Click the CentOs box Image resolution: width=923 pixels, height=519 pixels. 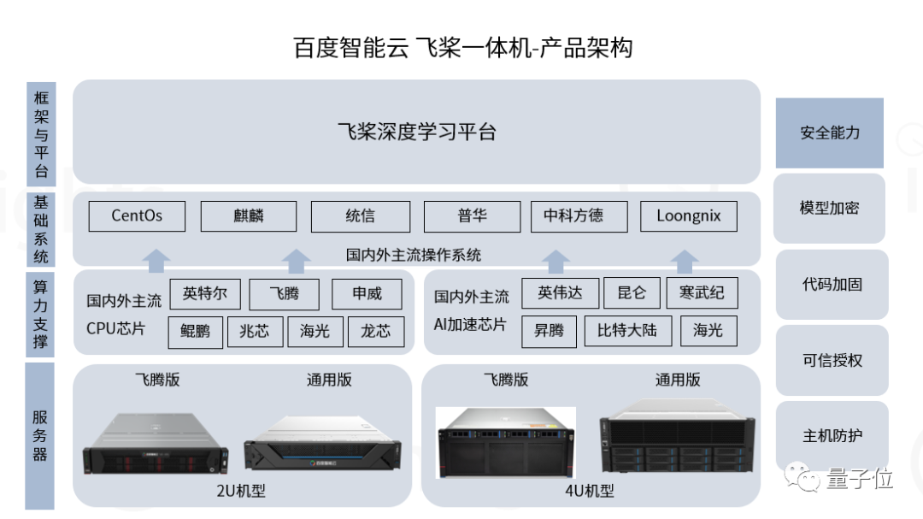(137, 215)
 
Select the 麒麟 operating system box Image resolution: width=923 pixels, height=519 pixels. (249, 215)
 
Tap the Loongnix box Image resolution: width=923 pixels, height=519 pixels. (688, 215)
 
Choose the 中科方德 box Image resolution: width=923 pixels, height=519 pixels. (579, 215)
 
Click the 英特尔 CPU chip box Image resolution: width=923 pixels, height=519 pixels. (205, 294)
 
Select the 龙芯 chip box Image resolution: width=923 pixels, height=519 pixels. (375, 331)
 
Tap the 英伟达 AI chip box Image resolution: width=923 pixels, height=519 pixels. (559, 293)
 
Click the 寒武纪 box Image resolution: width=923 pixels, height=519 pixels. (702, 293)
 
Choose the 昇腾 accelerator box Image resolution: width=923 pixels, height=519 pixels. (549, 331)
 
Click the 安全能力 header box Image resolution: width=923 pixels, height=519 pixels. (829, 133)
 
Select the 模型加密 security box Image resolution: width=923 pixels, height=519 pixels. (829, 208)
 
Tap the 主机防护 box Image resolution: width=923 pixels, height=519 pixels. (832, 435)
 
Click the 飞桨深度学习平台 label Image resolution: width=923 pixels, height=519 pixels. (416, 132)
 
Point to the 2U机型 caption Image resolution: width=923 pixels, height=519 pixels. (242, 490)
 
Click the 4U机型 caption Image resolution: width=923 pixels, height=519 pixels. (591, 490)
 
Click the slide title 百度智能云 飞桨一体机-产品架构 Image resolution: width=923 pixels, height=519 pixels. (462, 47)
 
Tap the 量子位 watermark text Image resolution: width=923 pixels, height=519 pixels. (859, 479)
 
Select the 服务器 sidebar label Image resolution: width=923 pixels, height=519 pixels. (39, 435)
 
